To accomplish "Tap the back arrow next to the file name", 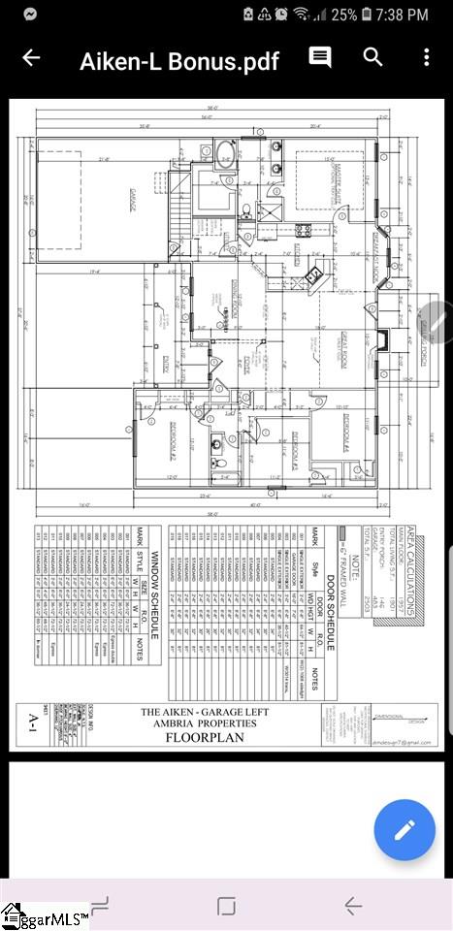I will click(x=31, y=58).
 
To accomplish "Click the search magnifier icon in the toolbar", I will click(x=373, y=57).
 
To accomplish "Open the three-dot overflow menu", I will click(x=426, y=57).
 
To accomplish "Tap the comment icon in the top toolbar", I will click(x=320, y=57).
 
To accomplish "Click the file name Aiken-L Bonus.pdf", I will click(x=178, y=60).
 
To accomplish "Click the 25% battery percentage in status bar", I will click(x=344, y=15).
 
